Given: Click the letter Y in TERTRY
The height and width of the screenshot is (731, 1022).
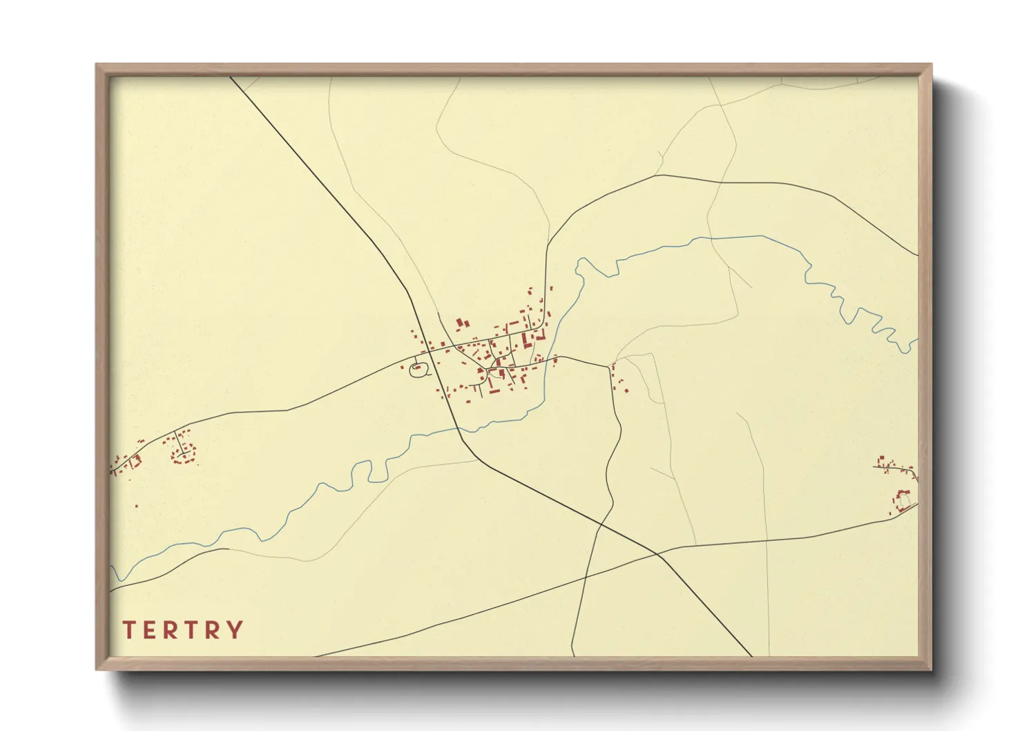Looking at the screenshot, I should [x=235, y=630].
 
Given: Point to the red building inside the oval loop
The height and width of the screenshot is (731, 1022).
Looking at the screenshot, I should [x=417, y=367].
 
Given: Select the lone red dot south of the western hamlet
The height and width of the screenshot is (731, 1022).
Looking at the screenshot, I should [x=136, y=506].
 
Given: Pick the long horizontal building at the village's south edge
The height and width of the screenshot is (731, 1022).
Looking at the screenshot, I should [x=494, y=392].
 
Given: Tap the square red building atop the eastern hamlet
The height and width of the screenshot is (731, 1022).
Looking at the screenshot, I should [x=881, y=458].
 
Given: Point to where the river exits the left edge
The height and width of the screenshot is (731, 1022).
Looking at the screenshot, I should [x=112, y=569].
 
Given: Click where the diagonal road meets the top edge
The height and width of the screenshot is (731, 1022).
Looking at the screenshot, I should [x=231, y=77].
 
